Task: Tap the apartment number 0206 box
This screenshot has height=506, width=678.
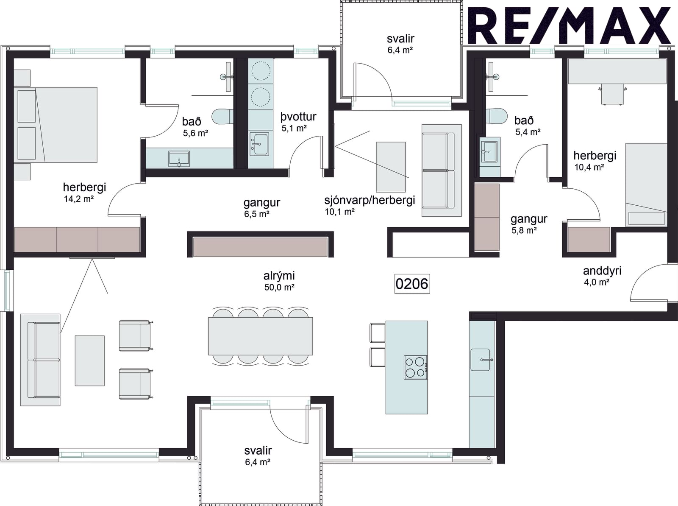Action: coord(412,284)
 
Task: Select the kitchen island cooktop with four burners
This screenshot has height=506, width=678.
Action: coord(415,367)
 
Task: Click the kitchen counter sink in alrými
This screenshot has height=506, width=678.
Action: coord(480,360)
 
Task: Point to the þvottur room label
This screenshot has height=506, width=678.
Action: coord(298,117)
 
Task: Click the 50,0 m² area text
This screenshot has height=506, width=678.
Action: coord(279,288)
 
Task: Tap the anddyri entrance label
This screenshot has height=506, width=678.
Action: coord(602,271)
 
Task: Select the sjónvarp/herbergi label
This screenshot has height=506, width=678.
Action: coord(370,200)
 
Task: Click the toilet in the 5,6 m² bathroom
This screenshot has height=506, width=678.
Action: coord(222,117)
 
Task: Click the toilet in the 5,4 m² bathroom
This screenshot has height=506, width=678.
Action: coord(496,116)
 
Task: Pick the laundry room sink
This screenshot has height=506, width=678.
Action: coord(259,144)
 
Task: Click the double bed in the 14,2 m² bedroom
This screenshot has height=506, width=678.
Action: coord(56,125)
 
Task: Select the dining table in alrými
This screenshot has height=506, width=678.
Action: coord(260,336)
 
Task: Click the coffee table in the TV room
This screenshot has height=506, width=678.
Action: coord(391,167)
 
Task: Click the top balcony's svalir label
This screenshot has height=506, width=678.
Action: coord(400,39)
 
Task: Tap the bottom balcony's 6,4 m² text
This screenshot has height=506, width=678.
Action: coord(258,462)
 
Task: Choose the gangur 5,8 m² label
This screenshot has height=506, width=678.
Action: coord(529,219)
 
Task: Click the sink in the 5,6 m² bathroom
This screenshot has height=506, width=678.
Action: coord(179,159)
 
